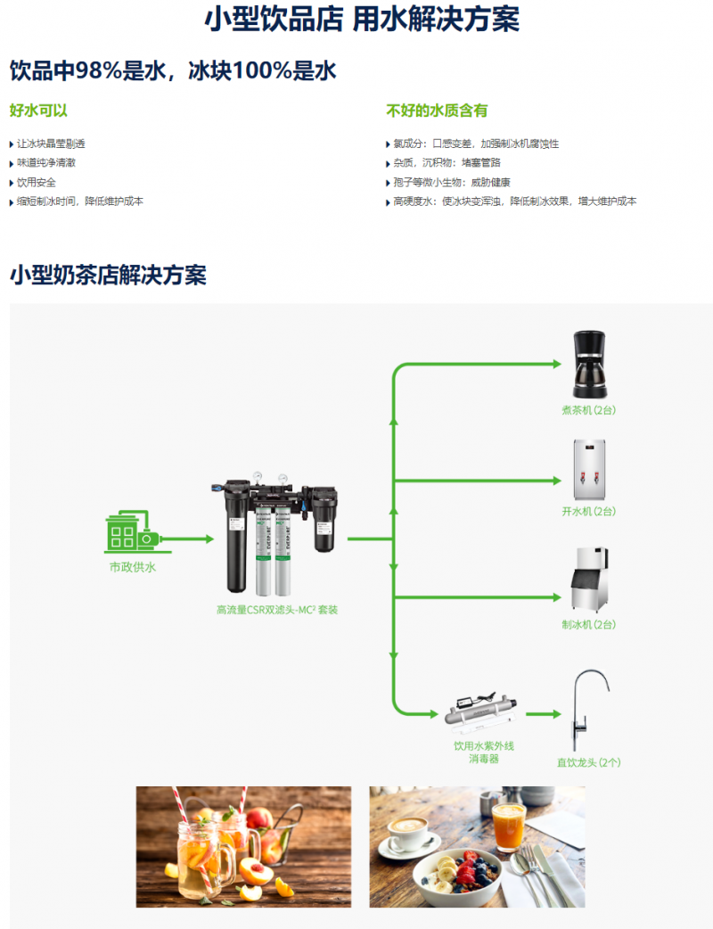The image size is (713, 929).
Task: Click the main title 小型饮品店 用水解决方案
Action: tap(362, 19)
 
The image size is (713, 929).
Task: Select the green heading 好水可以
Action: tap(38, 111)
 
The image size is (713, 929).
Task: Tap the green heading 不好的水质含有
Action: tap(437, 111)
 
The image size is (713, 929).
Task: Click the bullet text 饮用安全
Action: tap(37, 183)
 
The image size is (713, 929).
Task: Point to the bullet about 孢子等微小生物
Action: tap(451, 183)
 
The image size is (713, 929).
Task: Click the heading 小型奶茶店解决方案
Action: tap(109, 275)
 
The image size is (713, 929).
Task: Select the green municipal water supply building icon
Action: tap(134, 531)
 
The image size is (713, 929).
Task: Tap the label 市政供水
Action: tap(133, 567)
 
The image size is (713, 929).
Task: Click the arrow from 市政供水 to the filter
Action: tap(186, 539)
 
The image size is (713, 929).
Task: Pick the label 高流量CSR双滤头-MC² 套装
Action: tap(277, 610)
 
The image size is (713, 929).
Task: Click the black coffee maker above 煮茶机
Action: tap(589, 365)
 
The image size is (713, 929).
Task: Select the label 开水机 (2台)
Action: tap(588, 511)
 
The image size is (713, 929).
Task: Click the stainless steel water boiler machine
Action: tap(589, 469)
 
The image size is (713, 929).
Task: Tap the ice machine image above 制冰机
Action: tap(589, 580)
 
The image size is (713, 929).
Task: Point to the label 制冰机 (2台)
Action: tap(588, 624)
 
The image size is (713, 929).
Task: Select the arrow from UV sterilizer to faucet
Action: tap(543, 714)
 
